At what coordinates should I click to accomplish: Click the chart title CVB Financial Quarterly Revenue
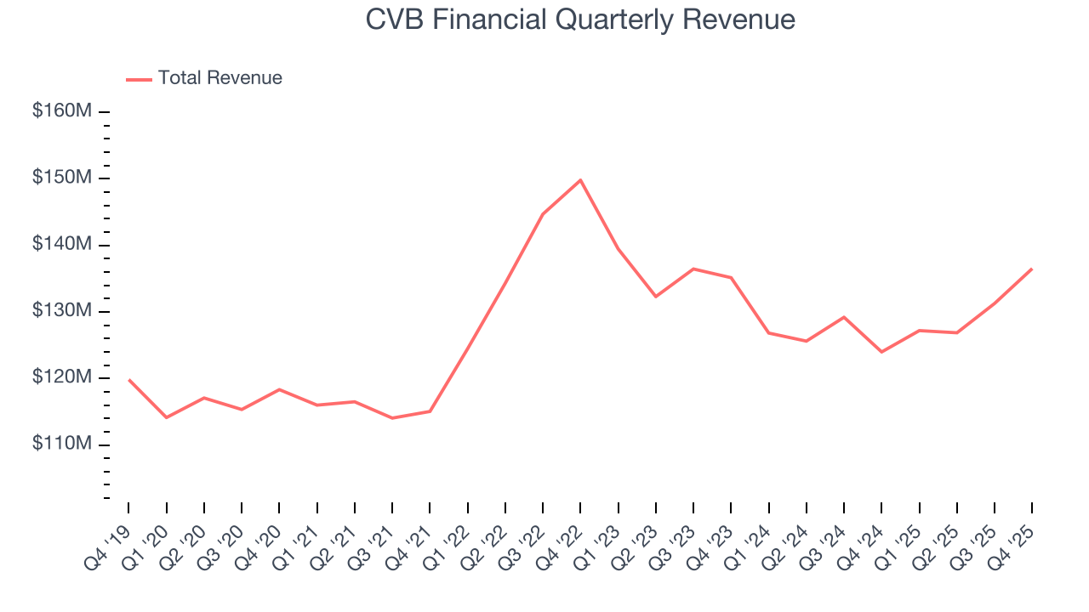580,20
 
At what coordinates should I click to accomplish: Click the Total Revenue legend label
220,78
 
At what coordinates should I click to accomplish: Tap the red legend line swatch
139,79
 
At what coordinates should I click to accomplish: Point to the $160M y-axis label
62,111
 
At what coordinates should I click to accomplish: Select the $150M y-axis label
62,178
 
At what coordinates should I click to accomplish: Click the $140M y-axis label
62,245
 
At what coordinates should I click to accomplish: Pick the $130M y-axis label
62,311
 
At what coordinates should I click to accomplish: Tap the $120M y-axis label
62,377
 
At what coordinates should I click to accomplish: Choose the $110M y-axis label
62,445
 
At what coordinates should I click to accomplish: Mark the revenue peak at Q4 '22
580,180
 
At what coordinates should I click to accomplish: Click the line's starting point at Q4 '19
128,380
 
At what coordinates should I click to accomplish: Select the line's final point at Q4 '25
1032,269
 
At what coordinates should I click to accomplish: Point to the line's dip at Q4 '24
881,352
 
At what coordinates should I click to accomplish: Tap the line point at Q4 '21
430,411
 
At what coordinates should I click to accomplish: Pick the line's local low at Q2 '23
655,297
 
